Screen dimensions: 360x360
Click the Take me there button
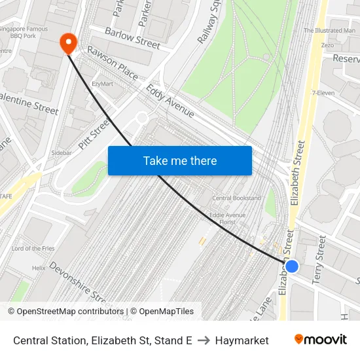point(180,160)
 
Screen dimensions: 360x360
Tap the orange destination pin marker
point(68,43)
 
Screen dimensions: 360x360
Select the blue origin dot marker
point(292,266)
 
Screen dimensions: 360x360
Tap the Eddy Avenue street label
point(170,101)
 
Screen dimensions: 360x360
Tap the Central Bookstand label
point(236,198)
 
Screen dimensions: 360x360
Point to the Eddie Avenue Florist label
point(227,219)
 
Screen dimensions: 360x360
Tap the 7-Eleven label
point(323,93)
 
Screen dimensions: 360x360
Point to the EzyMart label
point(103,84)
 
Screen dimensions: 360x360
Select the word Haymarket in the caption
point(242,340)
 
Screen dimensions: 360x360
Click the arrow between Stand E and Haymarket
point(204,340)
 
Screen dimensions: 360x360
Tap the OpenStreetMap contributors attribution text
point(65,312)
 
